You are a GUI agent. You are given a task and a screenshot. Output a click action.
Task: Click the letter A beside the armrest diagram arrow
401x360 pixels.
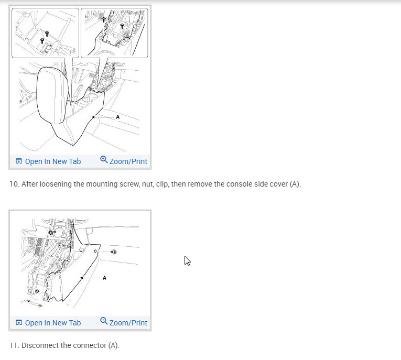coord(117,117)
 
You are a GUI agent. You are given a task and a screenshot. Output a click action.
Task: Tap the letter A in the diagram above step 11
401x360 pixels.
coord(104,278)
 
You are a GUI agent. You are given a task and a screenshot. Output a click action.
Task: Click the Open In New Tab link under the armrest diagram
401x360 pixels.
coord(53,161)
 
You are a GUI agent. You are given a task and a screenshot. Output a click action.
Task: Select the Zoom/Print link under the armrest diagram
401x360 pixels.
coord(128,161)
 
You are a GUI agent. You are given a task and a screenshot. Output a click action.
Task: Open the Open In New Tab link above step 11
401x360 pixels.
coord(53,323)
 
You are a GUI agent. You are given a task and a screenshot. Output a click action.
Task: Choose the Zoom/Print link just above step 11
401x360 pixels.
coord(128,323)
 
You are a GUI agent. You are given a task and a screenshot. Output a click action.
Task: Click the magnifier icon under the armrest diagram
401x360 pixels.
coord(104,159)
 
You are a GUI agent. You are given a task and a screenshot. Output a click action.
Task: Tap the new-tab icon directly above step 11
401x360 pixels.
coord(19,322)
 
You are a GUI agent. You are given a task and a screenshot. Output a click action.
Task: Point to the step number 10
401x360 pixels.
coord(14,184)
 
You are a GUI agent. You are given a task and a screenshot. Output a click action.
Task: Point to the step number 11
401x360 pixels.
coord(14,345)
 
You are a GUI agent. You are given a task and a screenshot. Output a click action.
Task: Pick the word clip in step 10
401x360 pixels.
coord(162,184)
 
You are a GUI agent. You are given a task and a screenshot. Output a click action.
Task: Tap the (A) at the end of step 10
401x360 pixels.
coord(295,184)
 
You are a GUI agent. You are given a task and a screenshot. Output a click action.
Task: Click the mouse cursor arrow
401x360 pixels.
coord(187,260)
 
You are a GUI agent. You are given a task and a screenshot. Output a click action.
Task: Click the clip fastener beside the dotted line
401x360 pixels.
coord(114,252)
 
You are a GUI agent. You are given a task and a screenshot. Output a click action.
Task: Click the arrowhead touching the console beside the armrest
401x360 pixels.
coord(94,117)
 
